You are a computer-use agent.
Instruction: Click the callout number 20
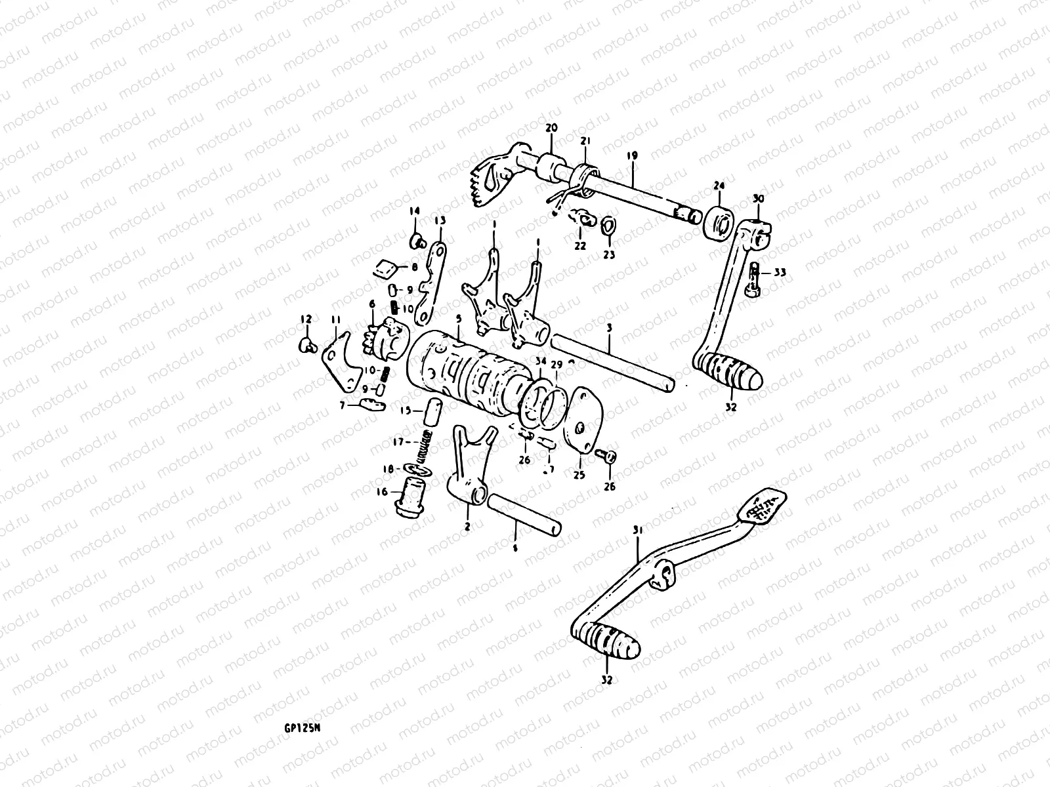click(x=550, y=128)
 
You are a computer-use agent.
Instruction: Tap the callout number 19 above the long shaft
click(x=632, y=155)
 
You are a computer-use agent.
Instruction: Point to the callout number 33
click(x=779, y=272)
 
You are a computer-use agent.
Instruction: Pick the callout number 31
click(x=636, y=529)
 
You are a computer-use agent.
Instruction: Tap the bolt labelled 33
click(x=753, y=281)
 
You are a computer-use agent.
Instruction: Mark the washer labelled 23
click(x=608, y=225)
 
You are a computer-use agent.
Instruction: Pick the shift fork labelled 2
click(x=469, y=472)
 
